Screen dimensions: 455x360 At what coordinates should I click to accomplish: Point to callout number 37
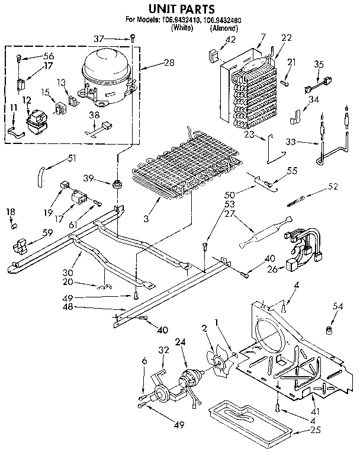[x=117, y=39]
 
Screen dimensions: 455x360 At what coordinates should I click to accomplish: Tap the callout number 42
[x=214, y=40]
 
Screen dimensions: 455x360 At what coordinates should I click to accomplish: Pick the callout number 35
[x=319, y=64]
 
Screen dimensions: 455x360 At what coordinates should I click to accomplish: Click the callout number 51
[x=73, y=158]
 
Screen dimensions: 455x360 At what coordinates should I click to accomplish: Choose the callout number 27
[x=229, y=216]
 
